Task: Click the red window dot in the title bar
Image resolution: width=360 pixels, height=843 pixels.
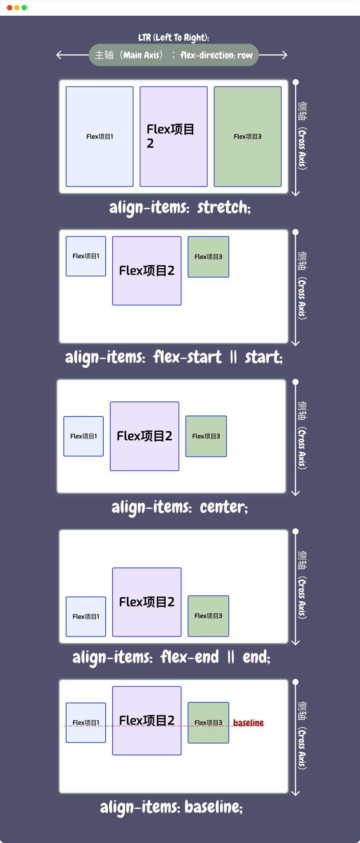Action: tap(10, 8)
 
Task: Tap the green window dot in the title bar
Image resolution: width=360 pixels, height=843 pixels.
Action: tap(24, 8)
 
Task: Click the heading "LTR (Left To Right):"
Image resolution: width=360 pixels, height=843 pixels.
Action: tap(174, 38)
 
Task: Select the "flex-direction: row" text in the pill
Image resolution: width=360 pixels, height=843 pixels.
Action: tap(216, 55)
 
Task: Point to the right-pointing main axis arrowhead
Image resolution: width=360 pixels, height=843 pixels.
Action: tap(285, 55)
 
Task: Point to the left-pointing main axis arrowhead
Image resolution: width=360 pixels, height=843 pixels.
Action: tap(59, 55)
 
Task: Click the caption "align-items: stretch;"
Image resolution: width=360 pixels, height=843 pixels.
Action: tap(180, 207)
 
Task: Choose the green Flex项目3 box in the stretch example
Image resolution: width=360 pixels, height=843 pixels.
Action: tap(247, 136)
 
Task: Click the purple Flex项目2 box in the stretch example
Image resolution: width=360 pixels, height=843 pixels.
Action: tap(173, 136)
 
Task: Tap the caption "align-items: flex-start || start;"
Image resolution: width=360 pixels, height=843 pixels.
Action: tap(174, 357)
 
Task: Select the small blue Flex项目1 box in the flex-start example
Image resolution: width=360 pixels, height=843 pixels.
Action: tap(86, 256)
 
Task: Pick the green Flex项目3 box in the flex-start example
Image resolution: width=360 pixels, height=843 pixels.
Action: tap(208, 257)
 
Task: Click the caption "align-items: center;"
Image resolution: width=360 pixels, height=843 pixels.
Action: tap(180, 507)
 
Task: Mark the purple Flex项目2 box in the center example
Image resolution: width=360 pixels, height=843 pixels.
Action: tap(144, 436)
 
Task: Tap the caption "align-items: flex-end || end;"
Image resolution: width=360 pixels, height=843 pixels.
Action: tap(171, 657)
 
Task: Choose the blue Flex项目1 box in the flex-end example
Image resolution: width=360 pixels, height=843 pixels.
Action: tap(86, 616)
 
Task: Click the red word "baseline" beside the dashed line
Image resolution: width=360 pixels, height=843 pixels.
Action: tap(248, 723)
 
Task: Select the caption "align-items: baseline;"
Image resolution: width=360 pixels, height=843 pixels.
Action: tap(171, 807)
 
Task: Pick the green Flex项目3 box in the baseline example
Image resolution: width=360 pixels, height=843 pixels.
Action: tap(208, 722)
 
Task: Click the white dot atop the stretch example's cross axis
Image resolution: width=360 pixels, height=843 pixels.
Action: tap(295, 82)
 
